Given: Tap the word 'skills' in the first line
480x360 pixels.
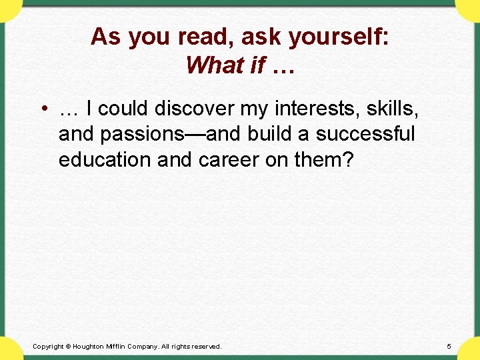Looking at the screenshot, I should [393, 109].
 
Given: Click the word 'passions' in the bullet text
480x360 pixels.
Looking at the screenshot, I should [151, 135].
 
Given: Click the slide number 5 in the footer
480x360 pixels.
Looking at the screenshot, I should [449, 347].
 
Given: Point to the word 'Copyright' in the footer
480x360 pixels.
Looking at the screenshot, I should [48, 347].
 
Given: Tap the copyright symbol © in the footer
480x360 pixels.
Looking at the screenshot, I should [69, 347].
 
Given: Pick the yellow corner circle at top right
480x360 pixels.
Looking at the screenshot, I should [469, 8].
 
